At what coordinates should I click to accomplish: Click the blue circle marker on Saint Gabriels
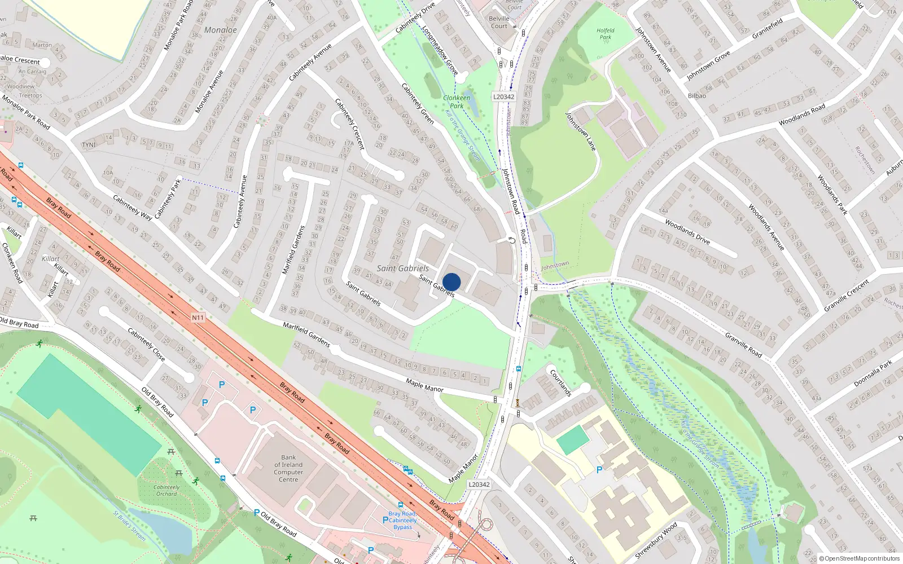pos(451,282)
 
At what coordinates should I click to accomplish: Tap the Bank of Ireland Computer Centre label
pos(288,469)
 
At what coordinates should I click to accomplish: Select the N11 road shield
pos(198,318)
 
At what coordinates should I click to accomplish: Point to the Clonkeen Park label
pos(457,102)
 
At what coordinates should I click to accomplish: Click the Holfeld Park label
pos(605,34)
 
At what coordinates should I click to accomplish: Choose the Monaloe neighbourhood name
pos(221,30)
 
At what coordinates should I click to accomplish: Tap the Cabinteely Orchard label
pos(166,490)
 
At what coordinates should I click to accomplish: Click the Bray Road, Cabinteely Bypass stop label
pos(403,521)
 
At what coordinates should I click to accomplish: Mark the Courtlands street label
pos(561,382)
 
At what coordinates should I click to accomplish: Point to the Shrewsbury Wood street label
pos(656,540)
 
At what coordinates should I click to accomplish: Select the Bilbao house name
pos(697,96)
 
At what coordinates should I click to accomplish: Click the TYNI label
pos(89,145)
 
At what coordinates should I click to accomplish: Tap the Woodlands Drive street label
pos(687,231)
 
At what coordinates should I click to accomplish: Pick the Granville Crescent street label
pos(846,295)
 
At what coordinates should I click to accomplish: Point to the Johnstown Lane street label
pos(581,131)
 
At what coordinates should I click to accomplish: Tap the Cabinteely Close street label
pos(146,345)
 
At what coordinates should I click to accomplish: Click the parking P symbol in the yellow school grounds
pos(599,469)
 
